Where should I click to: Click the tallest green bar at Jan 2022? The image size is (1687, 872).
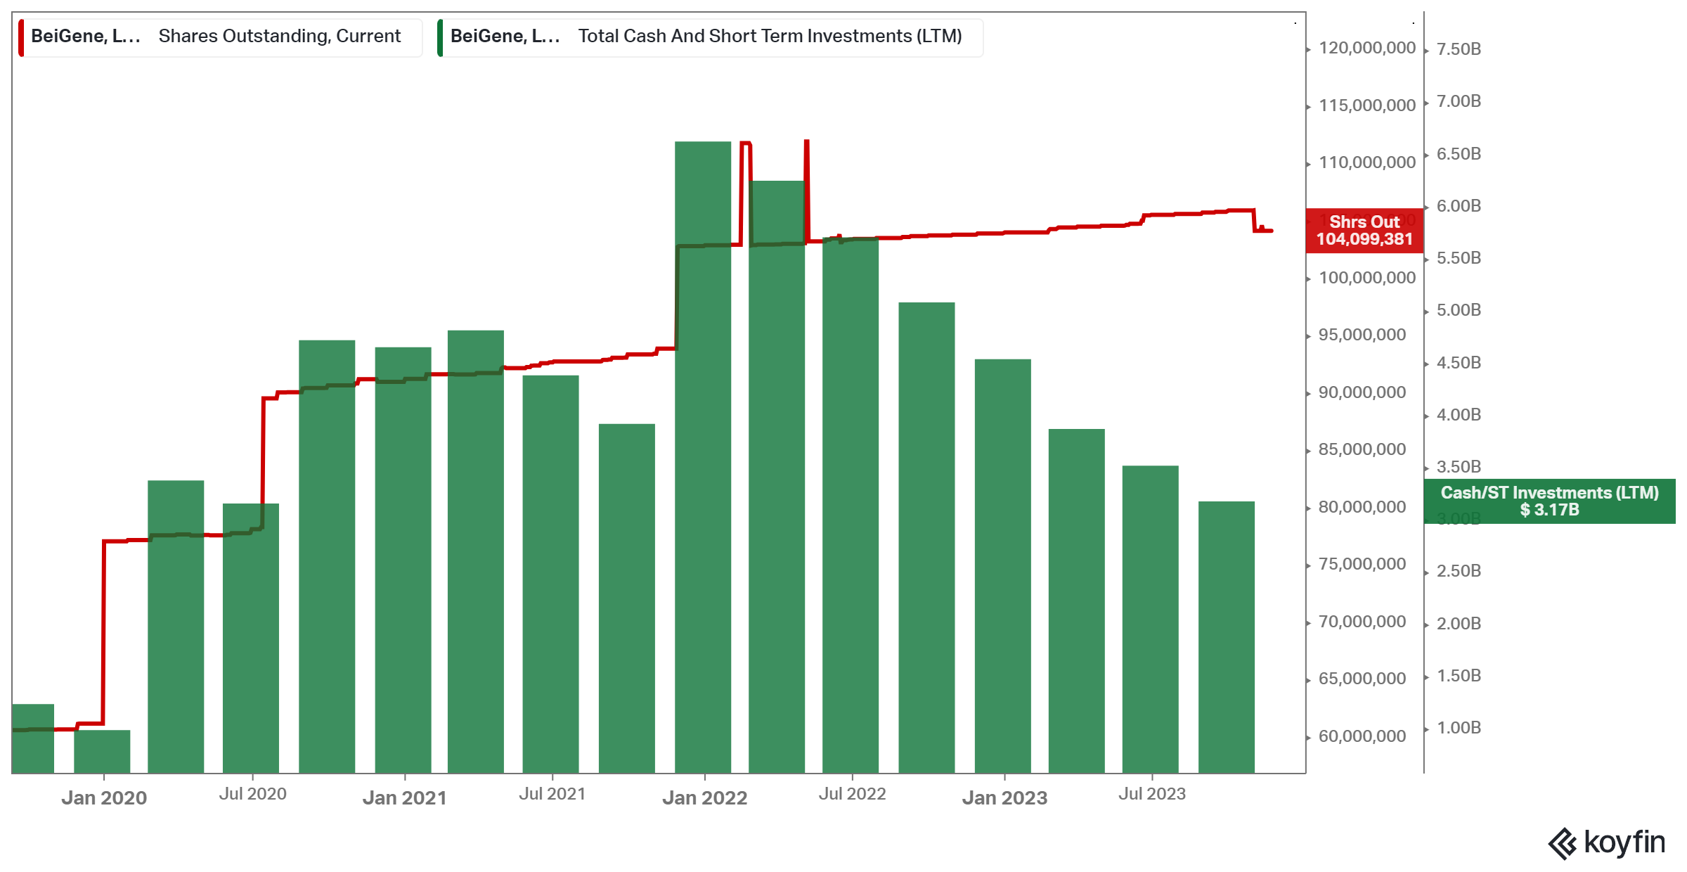coord(702,457)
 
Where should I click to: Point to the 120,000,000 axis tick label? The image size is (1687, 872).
coord(1366,48)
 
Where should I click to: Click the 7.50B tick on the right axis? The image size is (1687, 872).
coord(1459,49)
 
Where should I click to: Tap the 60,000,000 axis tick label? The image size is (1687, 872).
coord(1362,736)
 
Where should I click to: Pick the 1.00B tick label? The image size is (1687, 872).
coord(1459,728)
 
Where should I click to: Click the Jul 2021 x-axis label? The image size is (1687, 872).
coord(552,794)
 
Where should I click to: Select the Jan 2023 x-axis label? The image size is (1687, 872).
coord(1004,797)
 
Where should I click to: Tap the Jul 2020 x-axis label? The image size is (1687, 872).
coord(252,794)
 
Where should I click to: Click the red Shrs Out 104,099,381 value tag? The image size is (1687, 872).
coord(1364,231)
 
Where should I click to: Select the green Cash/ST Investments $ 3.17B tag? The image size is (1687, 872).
coord(1549,501)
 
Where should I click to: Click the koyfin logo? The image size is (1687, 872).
coord(1606,842)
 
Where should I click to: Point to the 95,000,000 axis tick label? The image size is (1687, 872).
coord(1362,335)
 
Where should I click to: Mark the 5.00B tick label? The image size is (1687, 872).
coord(1459,310)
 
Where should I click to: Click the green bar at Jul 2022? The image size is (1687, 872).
coord(851,506)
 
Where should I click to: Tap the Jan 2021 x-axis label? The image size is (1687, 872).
coord(404,797)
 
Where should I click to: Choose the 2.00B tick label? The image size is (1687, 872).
coord(1459,624)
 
